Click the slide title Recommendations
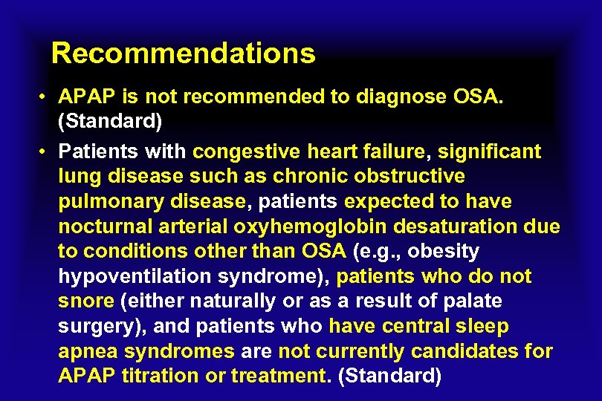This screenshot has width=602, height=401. click(x=183, y=53)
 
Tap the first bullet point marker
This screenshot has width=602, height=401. click(x=45, y=97)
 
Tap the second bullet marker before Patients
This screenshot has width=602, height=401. click(x=45, y=152)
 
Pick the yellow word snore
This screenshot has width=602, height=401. click(x=85, y=301)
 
